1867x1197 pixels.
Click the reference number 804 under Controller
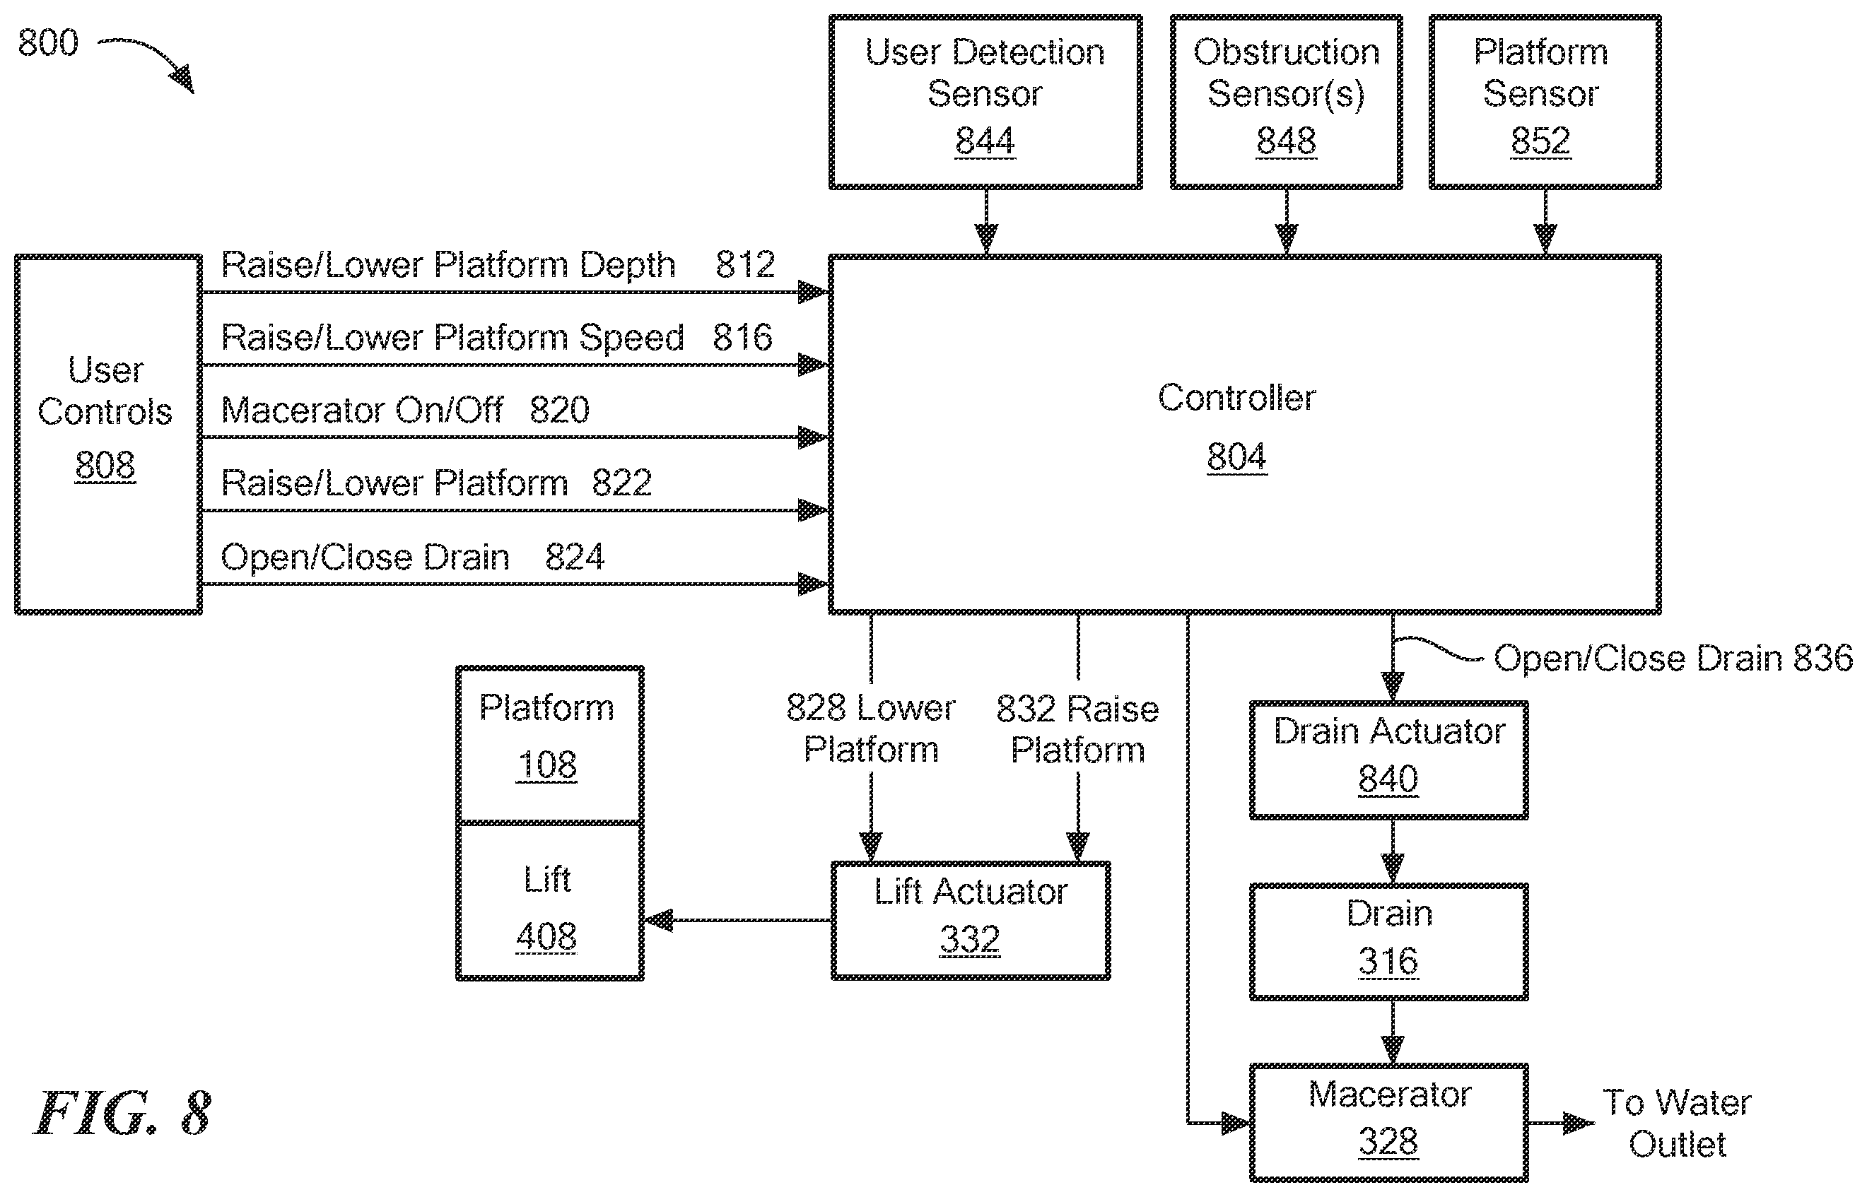tap(1236, 456)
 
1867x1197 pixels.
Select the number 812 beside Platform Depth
tap(745, 264)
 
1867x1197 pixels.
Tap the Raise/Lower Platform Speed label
tap(452, 337)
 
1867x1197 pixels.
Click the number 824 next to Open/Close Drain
tap(575, 557)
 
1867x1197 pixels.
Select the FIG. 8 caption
tap(122, 1113)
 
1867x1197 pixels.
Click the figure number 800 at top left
tap(48, 42)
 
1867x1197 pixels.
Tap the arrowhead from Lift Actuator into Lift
tap(658, 920)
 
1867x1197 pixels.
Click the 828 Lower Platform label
tap(871, 729)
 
